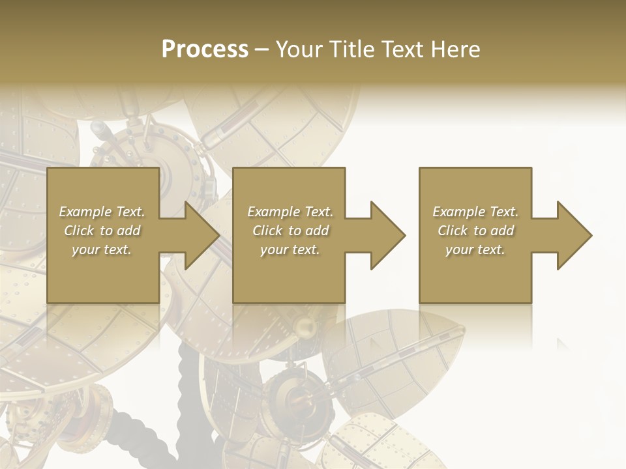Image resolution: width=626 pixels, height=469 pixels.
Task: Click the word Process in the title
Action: (x=205, y=50)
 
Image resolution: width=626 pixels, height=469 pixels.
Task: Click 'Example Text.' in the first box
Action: (x=102, y=212)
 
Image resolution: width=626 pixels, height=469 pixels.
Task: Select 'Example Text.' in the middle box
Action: (x=290, y=212)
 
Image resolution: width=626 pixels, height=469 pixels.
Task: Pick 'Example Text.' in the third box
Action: (x=475, y=212)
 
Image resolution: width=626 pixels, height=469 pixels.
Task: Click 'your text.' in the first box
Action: (x=102, y=249)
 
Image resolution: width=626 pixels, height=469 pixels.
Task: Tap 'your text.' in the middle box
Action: (x=290, y=249)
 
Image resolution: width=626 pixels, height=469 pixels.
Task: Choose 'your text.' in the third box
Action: (x=475, y=249)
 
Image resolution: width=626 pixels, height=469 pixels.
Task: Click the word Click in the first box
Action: (x=78, y=231)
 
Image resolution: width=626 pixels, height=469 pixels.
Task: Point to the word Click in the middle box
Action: (x=267, y=231)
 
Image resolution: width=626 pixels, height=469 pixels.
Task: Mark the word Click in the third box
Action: (x=453, y=231)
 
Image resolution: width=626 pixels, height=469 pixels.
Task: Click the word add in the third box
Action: (x=501, y=231)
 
